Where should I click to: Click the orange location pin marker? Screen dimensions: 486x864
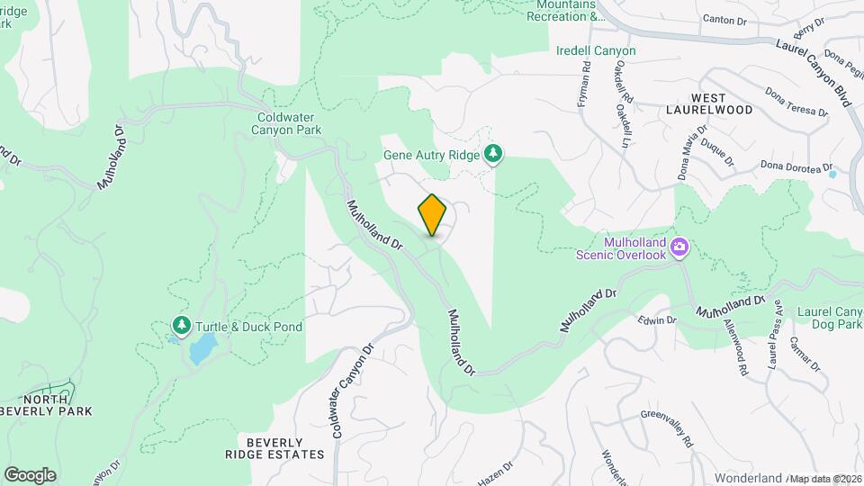(433, 214)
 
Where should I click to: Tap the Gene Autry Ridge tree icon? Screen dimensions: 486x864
(493, 155)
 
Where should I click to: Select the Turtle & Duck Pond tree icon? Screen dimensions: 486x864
(181, 326)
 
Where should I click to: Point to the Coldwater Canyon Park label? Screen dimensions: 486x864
(289, 123)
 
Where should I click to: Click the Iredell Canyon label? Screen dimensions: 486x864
(596, 51)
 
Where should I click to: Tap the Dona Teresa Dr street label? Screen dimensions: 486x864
(796, 102)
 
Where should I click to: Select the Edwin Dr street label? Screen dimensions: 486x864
(656, 320)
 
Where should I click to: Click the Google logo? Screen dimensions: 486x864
(30, 474)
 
